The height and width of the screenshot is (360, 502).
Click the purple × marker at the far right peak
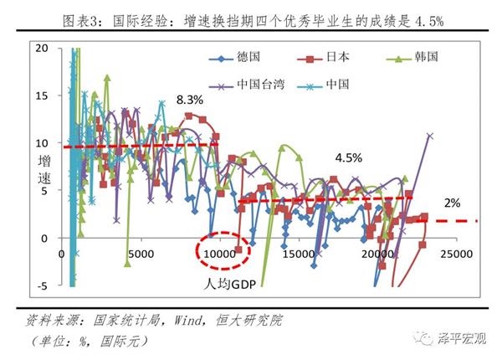[x=430, y=135]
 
